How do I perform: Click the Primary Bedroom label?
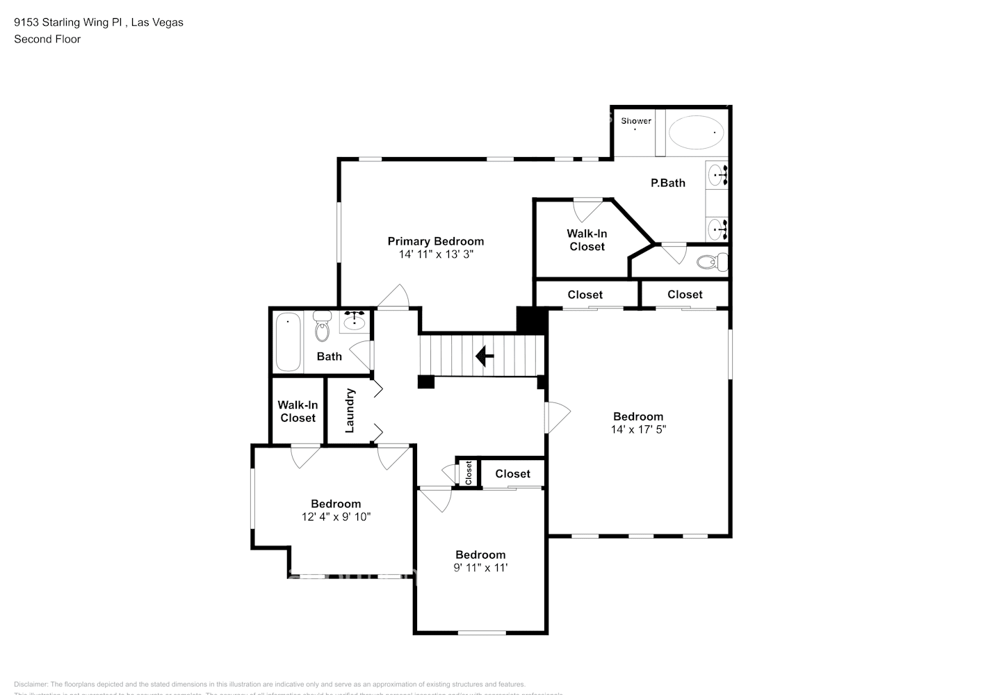(x=435, y=241)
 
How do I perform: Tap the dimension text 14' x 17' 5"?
(x=638, y=430)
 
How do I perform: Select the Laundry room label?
(x=350, y=410)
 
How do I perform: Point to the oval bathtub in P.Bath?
(x=695, y=132)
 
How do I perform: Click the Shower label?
(x=636, y=121)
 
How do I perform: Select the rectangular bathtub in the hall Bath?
(x=288, y=342)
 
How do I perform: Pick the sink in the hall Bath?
(x=355, y=321)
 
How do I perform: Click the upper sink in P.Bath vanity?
(x=716, y=174)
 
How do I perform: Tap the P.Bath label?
(x=667, y=183)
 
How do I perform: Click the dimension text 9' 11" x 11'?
(x=480, y=568)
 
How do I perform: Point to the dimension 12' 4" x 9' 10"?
(x=336, y=517)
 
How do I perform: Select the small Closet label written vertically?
(x=469, y=473)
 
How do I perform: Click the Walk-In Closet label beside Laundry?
(x=298, y=411)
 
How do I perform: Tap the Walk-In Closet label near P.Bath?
(x=587, y=240)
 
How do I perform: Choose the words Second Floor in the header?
(x=47, y=39)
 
